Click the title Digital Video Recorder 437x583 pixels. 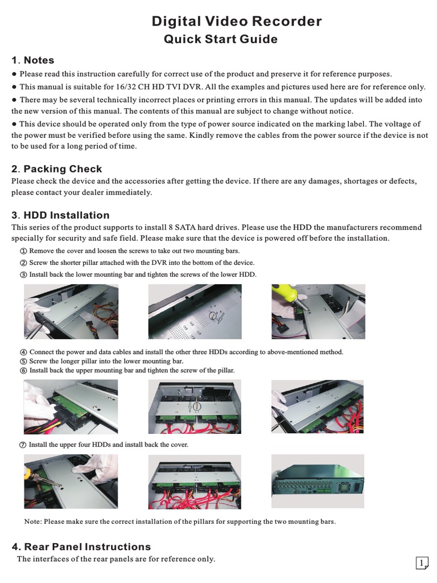point(236,22)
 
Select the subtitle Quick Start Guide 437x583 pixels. point(221,39)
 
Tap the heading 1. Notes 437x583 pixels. point(33,60)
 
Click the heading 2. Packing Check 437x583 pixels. point(57,169)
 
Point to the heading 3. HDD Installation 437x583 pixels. point(60,215)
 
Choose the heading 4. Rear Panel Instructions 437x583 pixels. point(81,547)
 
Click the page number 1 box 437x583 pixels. point(422,563)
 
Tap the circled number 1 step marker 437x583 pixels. point(23,251)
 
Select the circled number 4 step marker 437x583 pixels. point(23,352)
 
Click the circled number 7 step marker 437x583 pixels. point(23,445)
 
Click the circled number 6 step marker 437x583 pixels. point(23,371)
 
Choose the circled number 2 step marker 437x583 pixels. point(23,263)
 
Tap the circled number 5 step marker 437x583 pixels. point(23,362)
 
